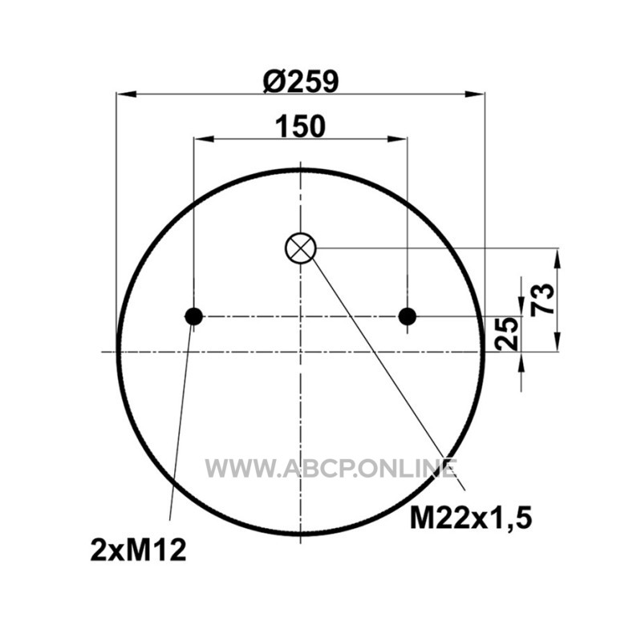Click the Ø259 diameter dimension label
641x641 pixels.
pos(301,81)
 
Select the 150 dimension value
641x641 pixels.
pos(301,127)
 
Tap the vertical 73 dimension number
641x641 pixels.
pos(543,299)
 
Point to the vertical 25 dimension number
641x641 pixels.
pos(506,333)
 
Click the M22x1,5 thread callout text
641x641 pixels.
pos(471,518)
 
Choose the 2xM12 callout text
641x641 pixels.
pos(138,550)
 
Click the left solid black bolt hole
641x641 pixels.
pos(193,316)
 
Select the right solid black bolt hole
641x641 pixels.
pos(408,316)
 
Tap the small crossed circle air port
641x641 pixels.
pos(300,248)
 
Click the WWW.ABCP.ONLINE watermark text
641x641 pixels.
pos(331,469)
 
